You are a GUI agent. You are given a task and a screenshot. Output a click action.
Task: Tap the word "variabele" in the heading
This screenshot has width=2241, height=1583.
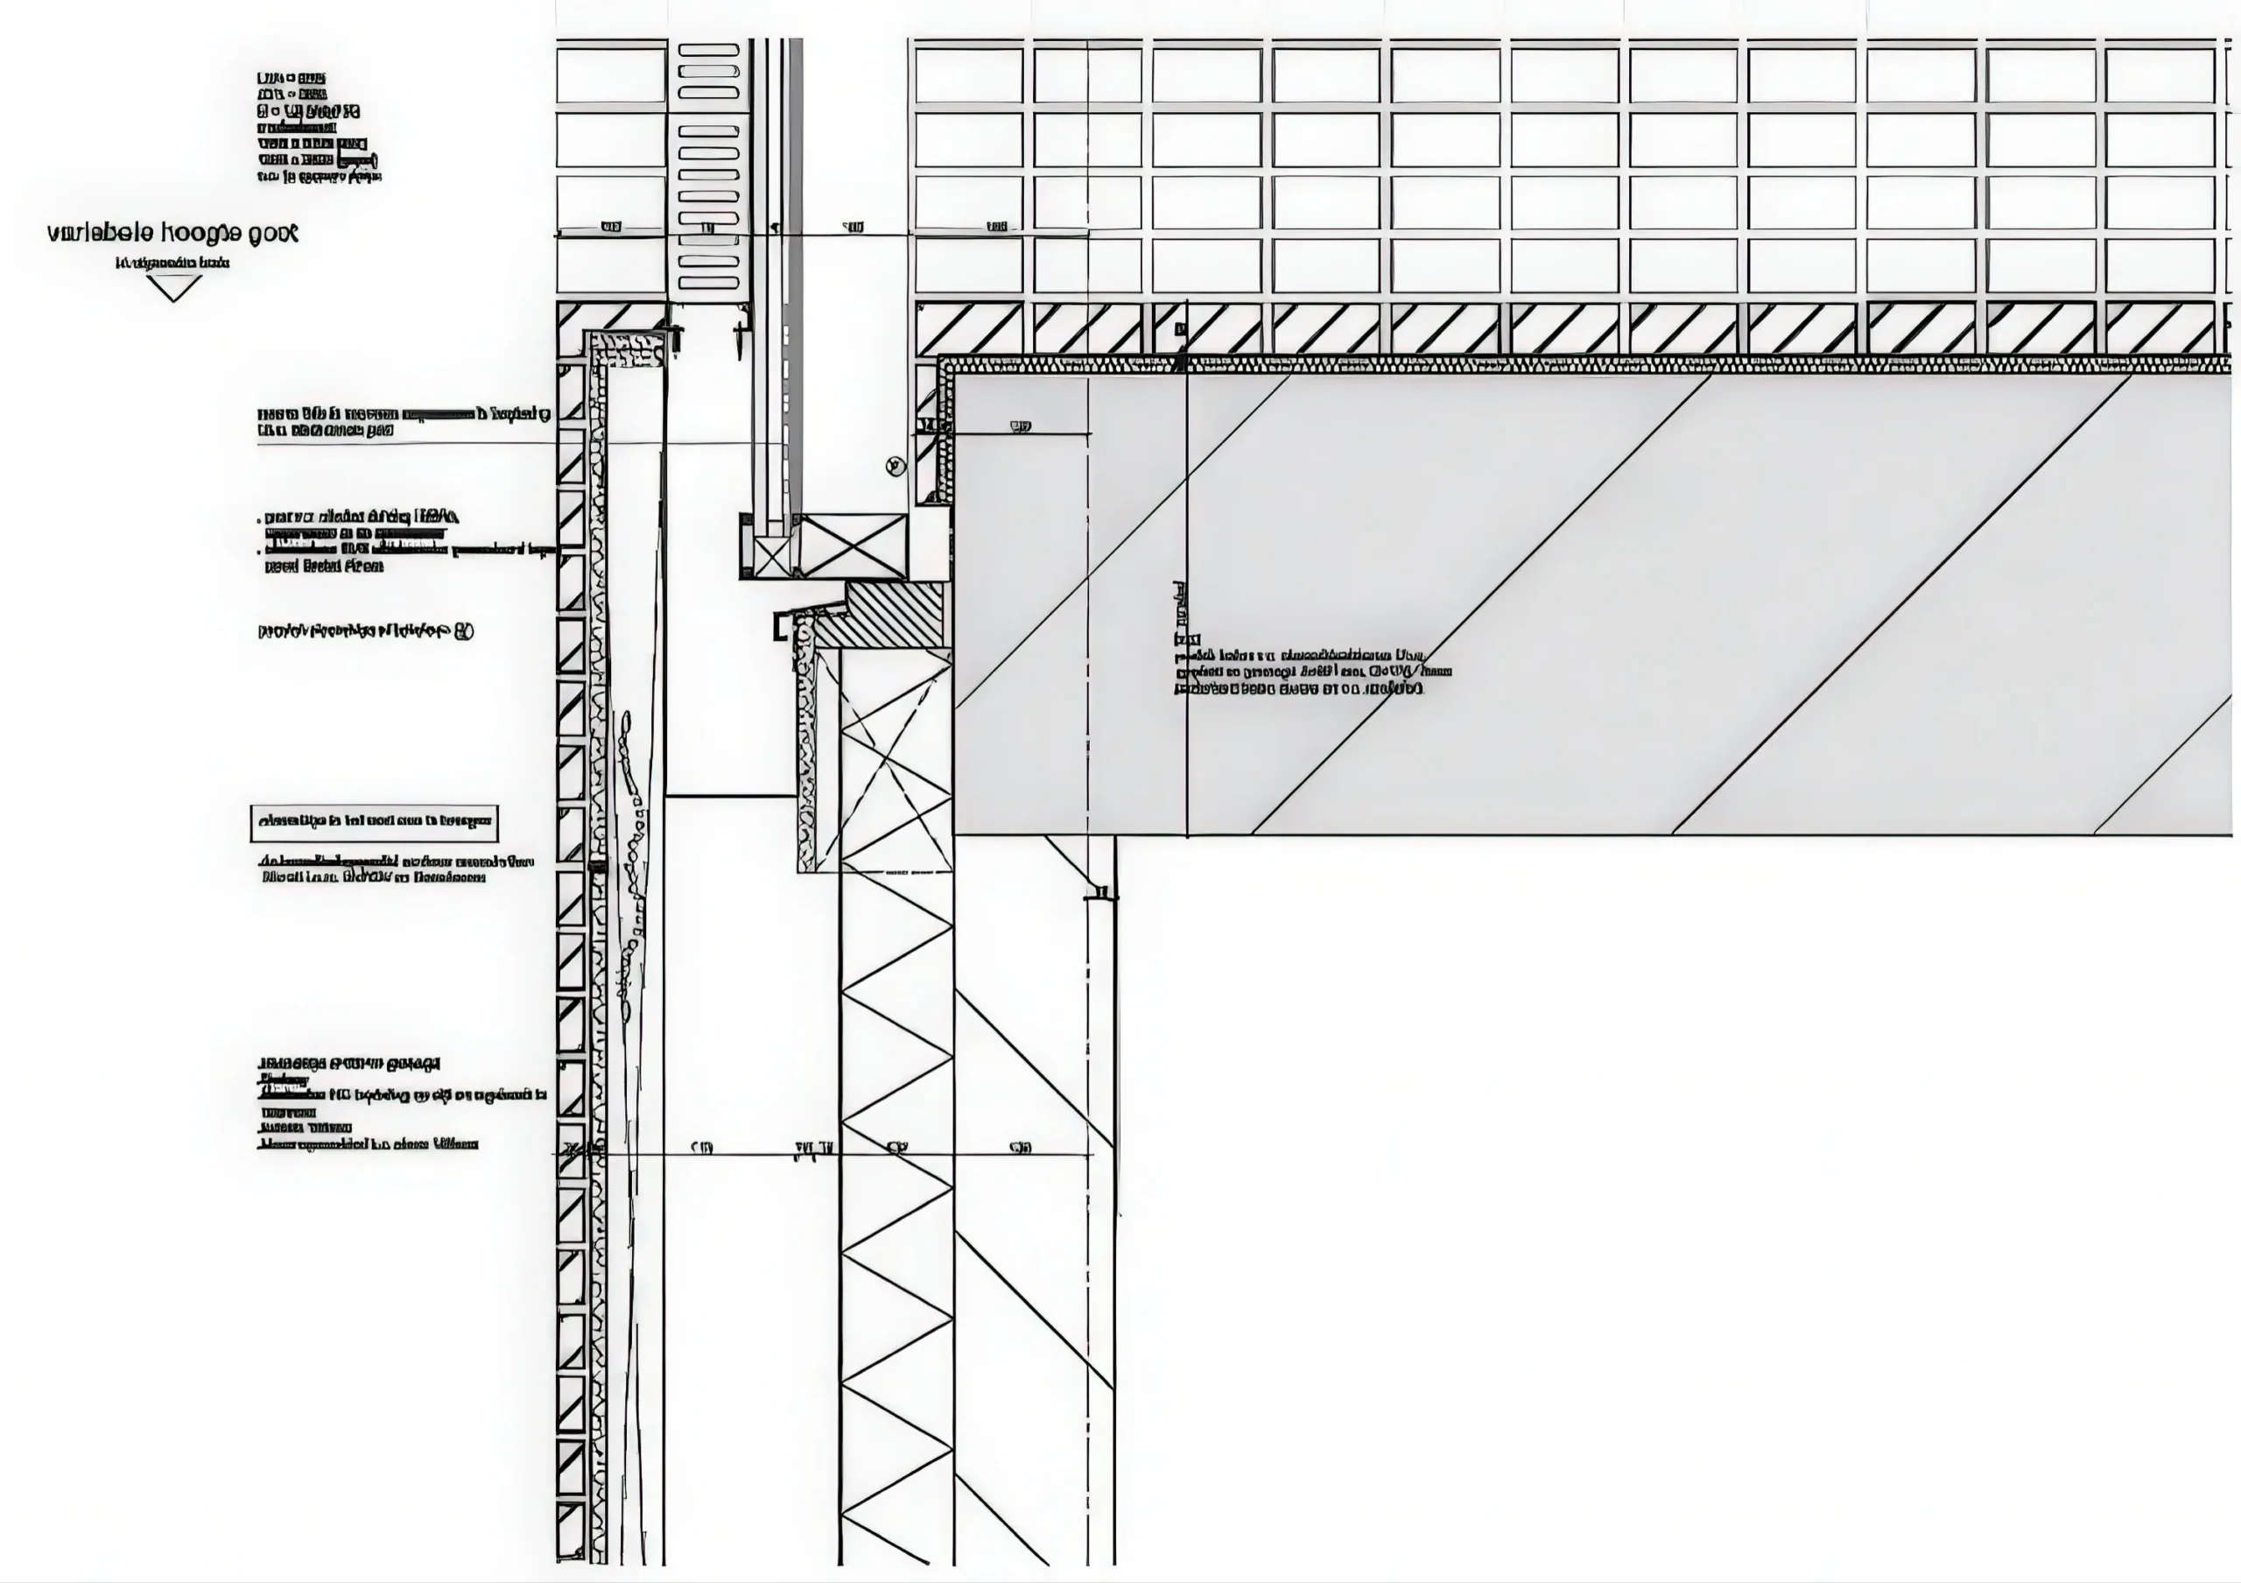[x=101, y=233]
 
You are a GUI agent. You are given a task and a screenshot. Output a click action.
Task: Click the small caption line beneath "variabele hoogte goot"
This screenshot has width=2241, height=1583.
[x=172, y=263]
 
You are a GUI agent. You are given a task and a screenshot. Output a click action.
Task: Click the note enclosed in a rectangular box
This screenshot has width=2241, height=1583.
[x=374, y=823]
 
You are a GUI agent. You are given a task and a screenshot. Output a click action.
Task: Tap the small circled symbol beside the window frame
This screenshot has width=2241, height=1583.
[x=895, y=467]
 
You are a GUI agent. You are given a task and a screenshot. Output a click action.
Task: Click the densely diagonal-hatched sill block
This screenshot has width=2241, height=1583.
[x=883, y=615]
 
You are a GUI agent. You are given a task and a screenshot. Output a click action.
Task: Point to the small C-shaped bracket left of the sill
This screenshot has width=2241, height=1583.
[x=780, y=628]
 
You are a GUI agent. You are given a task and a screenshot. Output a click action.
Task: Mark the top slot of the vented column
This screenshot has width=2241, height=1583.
[x=708, y=49]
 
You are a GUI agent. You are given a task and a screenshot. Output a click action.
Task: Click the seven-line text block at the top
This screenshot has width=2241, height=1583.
[x=318, y=127]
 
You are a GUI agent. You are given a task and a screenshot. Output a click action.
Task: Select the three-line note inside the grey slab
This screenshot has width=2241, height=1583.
[x=1313, y=672]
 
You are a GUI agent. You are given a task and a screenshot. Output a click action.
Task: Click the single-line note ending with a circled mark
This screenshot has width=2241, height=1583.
[x=366, y=631]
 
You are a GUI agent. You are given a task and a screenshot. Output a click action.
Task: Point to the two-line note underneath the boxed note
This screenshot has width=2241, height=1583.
[x=397, y=869]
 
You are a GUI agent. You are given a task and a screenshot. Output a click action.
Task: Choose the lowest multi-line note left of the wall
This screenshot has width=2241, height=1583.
[x=400, y=1103]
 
